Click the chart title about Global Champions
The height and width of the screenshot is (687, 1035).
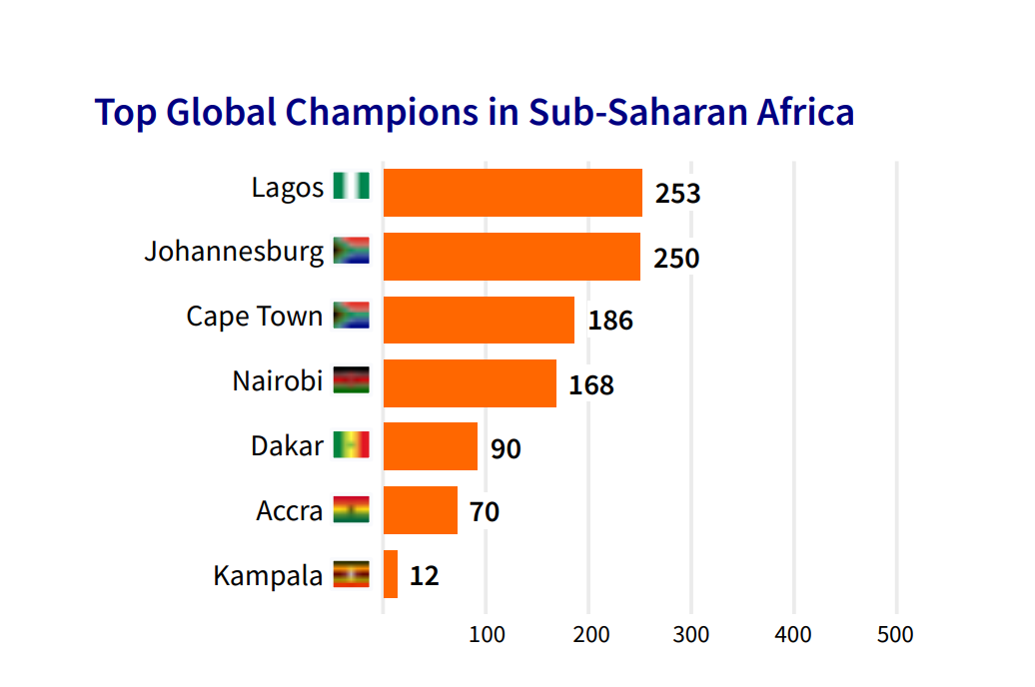pos(475,112)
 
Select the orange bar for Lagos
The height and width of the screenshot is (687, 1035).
pos(513,193)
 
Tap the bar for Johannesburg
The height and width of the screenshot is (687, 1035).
pos(512,257)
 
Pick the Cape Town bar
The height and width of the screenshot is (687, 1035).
pos(479,320)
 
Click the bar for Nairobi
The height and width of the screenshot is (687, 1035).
pos(470,383)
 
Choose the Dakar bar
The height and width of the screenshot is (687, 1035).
pos(431,446)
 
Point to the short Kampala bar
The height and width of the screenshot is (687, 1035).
pos(391,574)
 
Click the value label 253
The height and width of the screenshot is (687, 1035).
pos(677,194)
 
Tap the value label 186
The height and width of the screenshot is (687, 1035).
pos(610,322)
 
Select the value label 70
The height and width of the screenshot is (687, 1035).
pos(485,513)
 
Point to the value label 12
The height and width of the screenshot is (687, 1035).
pos(424,576)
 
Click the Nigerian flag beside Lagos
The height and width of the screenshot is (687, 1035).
pos(352,186)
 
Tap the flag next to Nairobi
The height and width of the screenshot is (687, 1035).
pos(352,379)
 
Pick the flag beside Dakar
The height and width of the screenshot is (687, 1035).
pos(352,444)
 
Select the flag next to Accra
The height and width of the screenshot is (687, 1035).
pos(352,509)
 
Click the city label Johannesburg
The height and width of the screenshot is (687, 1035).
pos(234,251)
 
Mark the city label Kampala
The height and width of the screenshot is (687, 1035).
pos(268,576)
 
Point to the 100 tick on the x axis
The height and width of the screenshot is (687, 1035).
pos(487,635)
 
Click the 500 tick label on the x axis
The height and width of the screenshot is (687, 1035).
pos(895,635)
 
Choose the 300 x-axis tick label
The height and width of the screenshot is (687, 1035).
pos(691,635)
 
